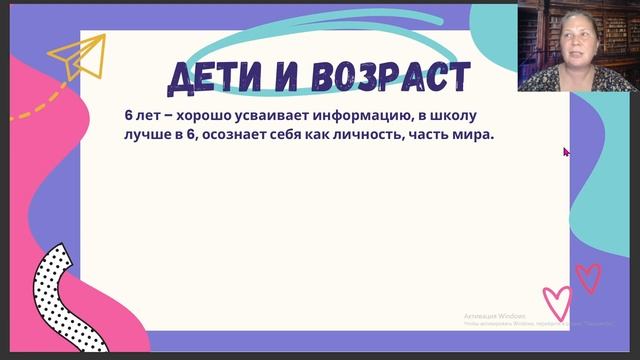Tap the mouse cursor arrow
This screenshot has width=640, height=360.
pos(566,152)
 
